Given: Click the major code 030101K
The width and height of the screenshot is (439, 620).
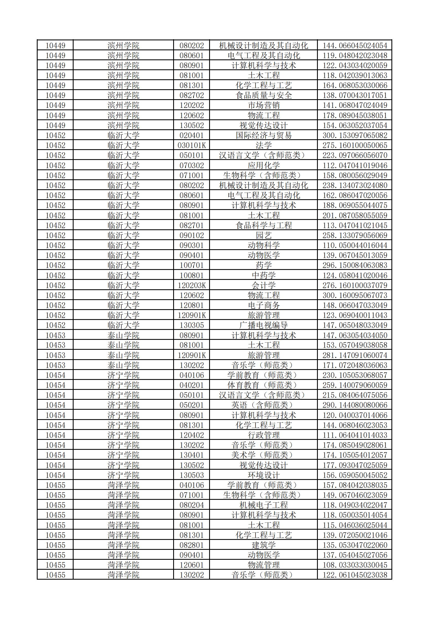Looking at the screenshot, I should click(191, 145).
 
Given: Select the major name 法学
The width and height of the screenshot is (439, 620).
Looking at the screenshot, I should click(263, 145).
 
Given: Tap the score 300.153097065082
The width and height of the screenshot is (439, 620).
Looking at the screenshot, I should click(355, 135).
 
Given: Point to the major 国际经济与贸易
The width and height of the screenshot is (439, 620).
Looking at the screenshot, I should click(263, 135).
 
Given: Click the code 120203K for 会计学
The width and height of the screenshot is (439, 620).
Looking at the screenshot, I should click(191, 285).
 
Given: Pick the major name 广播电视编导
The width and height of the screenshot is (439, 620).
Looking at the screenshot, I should click(263, 325).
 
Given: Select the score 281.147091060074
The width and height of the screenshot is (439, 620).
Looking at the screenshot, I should click(355, 355).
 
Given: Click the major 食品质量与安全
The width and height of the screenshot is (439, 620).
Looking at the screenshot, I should click(263, 95).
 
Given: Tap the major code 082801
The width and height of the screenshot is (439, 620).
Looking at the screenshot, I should click(191, 545).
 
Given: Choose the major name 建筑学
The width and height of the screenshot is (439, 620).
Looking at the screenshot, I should click(263, 545).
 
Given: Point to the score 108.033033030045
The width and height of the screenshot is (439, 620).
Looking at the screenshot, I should click(355, 565).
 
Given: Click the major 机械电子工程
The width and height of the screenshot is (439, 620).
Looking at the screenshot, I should click(263, 505).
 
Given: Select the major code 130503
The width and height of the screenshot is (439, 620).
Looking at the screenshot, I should click(191, 475).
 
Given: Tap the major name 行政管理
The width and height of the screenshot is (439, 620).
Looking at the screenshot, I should click(263, 435).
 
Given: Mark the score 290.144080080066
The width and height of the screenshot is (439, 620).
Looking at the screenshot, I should click(355, 405).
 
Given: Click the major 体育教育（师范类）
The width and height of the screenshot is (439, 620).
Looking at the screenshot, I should click(263, 385).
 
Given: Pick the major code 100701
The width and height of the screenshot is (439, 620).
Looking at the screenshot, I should click(191, 265).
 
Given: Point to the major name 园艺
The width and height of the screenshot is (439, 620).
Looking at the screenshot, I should click(263, 235).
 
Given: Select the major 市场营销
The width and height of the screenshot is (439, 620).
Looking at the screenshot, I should click(263, 105).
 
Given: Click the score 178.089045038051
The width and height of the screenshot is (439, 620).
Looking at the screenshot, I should click(355, 115).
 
